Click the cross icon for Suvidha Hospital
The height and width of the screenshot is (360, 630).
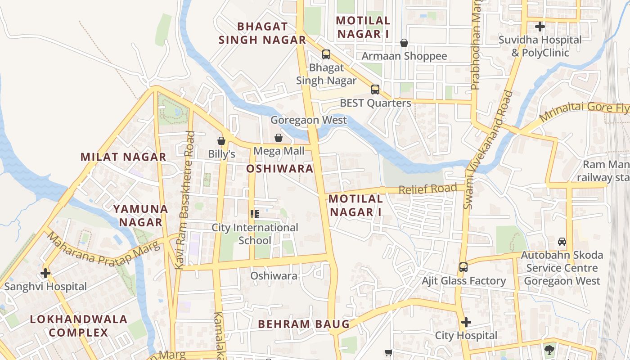pos(540,27)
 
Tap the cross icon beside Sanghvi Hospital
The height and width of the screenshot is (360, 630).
pos(45,273)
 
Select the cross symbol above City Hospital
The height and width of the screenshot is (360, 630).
pos(466,322)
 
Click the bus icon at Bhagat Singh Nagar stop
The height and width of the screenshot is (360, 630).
pos(326,54)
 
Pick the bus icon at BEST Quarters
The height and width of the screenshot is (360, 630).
pos(375,89)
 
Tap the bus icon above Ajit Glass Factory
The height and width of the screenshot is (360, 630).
pos(463,267)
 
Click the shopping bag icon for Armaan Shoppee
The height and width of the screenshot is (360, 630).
pos(404,43)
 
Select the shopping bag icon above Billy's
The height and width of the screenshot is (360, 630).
pos(221,141)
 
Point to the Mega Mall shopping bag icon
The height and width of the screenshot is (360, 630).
pos(279,138)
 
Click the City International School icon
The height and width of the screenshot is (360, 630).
pos(255,214)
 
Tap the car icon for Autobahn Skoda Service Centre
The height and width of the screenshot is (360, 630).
pos(562,242)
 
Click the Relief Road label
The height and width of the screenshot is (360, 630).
pos(428,189)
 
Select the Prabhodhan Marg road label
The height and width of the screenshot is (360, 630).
pos(476,45)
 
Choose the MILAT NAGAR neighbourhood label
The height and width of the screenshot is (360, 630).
pos(123,157)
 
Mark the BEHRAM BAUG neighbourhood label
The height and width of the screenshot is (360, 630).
pos(304,324)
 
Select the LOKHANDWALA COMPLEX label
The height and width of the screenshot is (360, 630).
pos(79,326)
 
